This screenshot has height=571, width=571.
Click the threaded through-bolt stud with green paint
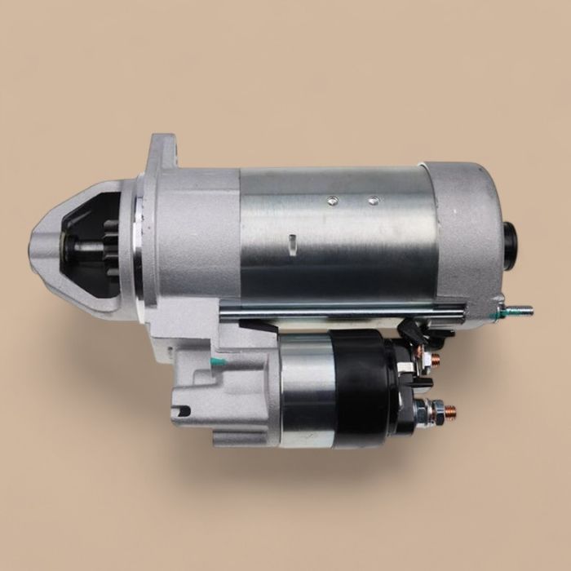(x=519, y=311)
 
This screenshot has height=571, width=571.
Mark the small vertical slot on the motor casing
(x=292, y=241)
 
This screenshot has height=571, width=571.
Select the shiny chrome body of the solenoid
(x=306, y=390)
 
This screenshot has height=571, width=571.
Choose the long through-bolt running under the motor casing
(x=343, y=308)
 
